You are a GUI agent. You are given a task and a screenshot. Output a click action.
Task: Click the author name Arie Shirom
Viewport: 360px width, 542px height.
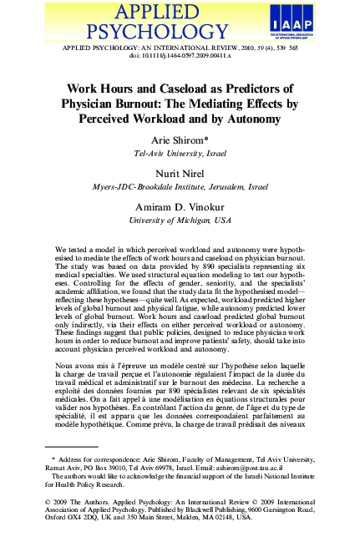click(x=179, y=142)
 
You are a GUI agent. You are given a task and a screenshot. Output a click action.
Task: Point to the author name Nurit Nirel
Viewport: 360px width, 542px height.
click(x=179, y=174)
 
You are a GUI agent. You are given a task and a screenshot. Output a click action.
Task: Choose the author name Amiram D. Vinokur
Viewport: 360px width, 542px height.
click(x=179, y=206)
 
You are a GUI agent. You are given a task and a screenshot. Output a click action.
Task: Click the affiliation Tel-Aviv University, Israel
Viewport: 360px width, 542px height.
click(x=179, y=155)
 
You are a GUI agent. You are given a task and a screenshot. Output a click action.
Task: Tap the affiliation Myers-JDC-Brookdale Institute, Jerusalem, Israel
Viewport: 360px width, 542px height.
click(x=179, y=187)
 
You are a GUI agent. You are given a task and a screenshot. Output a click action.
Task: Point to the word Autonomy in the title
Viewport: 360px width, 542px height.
click(x=258, y=121)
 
